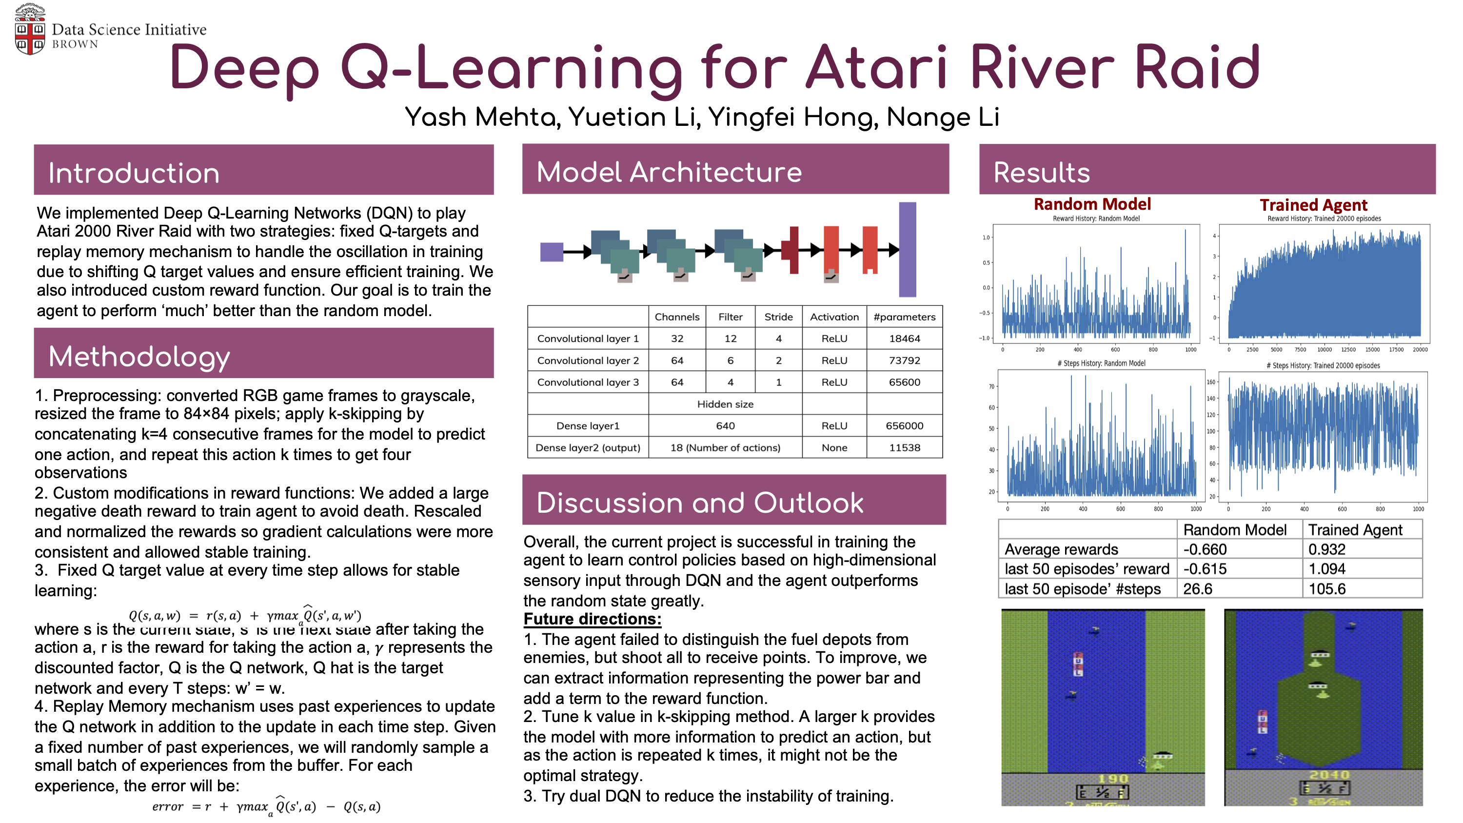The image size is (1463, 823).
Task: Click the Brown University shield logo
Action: point(30,30)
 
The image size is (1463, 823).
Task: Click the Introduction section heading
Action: point(134,173)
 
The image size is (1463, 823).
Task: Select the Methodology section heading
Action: point(139,357)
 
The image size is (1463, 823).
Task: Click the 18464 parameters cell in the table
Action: point(904,339)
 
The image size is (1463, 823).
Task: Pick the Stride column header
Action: point(778,317)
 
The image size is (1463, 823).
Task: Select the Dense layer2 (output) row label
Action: point(588,447)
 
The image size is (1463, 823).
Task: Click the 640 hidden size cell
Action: point(725,426)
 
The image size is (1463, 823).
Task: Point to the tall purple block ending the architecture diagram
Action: point(907,249)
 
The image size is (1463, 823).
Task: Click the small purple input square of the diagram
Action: point(552,252)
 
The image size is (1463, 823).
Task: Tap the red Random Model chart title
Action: point(1091,204)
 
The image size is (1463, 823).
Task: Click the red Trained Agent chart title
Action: point(1313,205)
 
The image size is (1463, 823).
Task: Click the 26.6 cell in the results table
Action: point(1197,589)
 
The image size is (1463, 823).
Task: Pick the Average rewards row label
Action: point(1061,549)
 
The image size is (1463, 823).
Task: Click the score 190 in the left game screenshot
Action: point(1112,779)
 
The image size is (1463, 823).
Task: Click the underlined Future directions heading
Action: point(593,619)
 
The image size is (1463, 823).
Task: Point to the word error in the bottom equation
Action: point(168,806)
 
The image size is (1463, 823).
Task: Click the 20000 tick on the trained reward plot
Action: point(1420,350)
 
